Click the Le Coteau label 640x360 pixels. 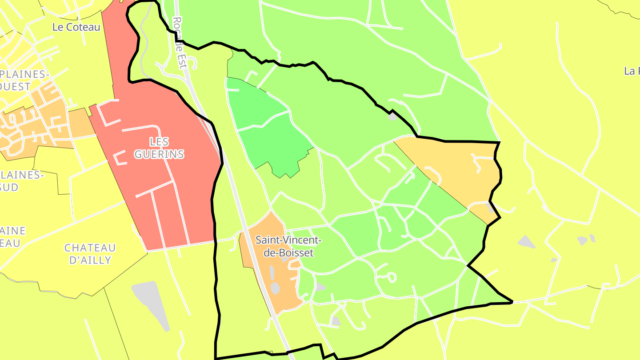pyautogui.click(x=76, y=27)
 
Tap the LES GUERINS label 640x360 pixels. pyautogui.click(x=159, y=148)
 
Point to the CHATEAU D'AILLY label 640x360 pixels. pyautogui.click(x=90, y=254)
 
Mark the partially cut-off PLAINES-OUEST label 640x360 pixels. pyautogui.click(x=22, y=80)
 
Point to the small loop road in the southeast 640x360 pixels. pyautogui.click(x=391, y=277)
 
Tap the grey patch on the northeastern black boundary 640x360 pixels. pyautogui.click(x=392, y=117)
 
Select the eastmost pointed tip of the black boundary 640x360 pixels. pyautogui.click(x=512, y=302)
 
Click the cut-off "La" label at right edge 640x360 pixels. pyautogui.click(x=632, y=71)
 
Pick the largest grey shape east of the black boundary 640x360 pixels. pyautogui.click(x=527, y=242)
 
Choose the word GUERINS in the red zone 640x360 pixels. pyautogui.click(x=159, y=154)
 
